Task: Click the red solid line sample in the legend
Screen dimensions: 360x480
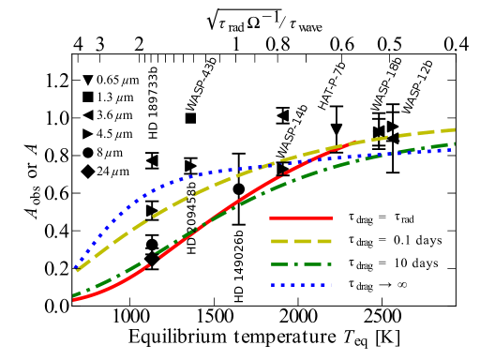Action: [x=301, y=218]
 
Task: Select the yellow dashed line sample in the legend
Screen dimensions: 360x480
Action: [x=301, y=242]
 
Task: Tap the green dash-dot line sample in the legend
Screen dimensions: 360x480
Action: [x=301, y=264]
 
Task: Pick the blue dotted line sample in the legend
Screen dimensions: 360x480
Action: [x=301, y=284]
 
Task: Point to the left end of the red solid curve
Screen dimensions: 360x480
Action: [x=74, y=300]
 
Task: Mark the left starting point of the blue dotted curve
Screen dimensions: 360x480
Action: [x=75, y=267]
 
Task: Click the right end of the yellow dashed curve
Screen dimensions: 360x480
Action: [x=455, y=129]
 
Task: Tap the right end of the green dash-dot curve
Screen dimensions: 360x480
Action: [x=455, y=143]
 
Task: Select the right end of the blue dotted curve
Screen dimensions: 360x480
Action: [x=452, y=148]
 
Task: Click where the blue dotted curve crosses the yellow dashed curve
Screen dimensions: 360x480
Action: [x=272, y=164]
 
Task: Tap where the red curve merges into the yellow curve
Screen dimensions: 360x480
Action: [x=352, y=143]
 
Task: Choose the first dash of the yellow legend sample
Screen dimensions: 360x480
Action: [x=278, y=242]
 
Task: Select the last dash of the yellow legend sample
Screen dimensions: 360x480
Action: [x=324, y=242]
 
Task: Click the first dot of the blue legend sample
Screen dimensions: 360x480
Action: [x=273, y=284]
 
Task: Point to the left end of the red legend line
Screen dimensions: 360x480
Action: [x=271, y=218]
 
